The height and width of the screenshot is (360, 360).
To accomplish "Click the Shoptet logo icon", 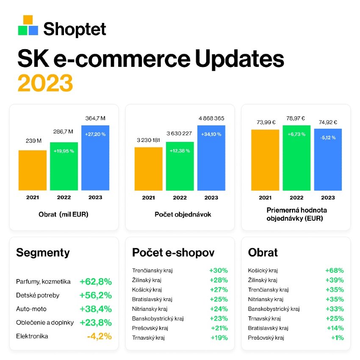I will click(x=28, y=26).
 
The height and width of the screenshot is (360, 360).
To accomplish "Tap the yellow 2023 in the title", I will click(x=45, y=83).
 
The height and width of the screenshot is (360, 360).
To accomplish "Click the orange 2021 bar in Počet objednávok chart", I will click(x=148, y=169).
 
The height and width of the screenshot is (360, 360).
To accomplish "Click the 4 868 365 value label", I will click(x=211, y=118).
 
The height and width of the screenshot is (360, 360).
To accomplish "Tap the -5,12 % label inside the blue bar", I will click(x=327, y=137).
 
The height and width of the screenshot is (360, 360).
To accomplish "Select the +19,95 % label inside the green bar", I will click(x=64, y=151).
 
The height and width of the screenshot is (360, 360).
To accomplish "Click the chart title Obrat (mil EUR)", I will click(x=64, y=214).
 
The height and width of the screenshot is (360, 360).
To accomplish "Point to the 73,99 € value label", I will click(x=265, y=122).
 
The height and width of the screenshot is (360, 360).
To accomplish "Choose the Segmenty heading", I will click(x=43, y=253).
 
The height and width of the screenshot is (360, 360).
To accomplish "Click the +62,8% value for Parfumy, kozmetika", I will click(x=95, y=282).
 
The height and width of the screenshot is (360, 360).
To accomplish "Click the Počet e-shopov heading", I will click(x=173, y=253).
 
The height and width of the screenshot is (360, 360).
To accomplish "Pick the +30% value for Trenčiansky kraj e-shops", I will click(x=219, y=270).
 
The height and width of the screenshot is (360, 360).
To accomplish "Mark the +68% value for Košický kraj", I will click(x=334, y=270).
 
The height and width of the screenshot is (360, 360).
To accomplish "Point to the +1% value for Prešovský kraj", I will click(x=338, y=338).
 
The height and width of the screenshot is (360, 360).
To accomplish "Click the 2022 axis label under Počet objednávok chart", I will click(x=180, y=198).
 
